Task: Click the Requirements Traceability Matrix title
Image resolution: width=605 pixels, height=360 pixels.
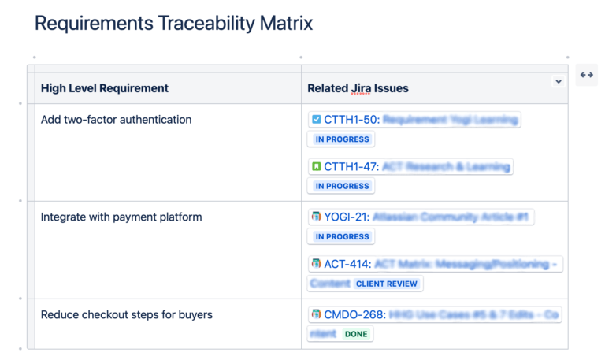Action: click(x=173, y=24)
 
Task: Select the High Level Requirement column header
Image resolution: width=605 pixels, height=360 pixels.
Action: click(x=105, y=88)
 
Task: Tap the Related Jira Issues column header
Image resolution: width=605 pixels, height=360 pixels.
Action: click(x=358, y=88)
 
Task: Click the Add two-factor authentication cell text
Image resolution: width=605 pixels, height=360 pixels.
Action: click(x=116, y=120)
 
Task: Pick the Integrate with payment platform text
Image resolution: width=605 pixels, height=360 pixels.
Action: click(x=121, y=217)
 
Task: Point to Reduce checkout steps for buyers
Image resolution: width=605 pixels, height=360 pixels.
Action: click(x=126, y=314)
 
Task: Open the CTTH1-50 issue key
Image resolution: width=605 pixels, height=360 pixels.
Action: click(x=351, y=120)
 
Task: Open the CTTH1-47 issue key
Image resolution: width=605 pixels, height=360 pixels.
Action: click(x=351, y=167)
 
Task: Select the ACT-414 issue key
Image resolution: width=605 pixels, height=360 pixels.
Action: click(x=347, y=264)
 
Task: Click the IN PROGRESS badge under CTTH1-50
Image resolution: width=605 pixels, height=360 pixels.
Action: click(x=342, y=139)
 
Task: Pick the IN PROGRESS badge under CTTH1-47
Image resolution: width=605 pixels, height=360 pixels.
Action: click(x=342, y=187)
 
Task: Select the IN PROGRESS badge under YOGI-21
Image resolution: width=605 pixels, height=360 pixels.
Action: click(x=342, y=236)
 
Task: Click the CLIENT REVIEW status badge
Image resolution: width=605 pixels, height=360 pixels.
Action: click(x=388, y=284)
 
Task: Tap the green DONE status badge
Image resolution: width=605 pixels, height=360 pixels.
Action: click(x=356, y=334)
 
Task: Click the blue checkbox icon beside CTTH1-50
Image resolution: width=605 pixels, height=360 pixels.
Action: click(x=316, y=120)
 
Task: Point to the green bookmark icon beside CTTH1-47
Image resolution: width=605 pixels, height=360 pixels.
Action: click(x=316, y=167)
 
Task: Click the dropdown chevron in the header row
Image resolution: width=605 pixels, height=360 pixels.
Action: click(x=559, y=81)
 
